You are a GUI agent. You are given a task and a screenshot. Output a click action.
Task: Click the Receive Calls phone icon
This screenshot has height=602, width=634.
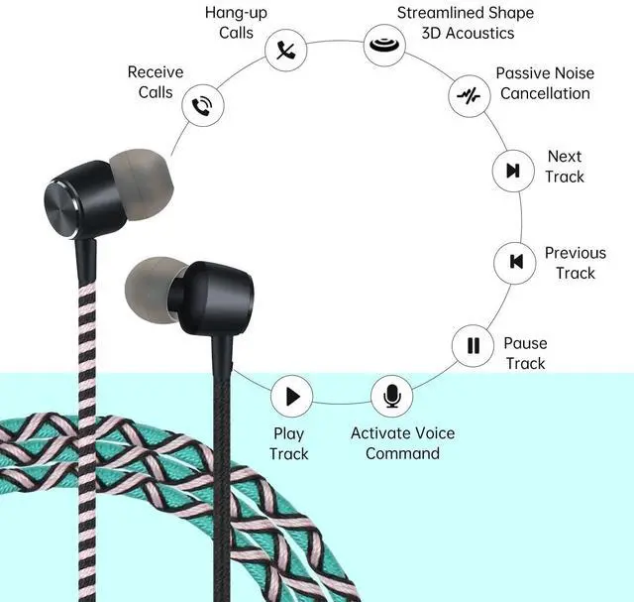coord(202,105)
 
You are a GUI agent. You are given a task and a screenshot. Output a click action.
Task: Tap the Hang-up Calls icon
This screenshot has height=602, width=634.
coord(286,51)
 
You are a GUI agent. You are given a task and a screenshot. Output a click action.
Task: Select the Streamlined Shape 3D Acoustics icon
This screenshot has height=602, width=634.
coord(384,44)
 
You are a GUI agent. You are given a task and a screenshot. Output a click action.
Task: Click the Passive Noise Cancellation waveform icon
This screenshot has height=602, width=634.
coord(469,96)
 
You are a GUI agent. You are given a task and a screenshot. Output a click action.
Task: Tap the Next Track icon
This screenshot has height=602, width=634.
coord(513,171)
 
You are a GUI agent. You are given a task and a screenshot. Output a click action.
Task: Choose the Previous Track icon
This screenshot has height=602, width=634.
coord(515,263)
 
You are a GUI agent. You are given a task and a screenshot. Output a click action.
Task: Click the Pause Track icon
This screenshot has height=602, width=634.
coord(473,346)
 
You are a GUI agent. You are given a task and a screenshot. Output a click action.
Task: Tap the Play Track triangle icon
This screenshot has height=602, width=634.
coord(292,396)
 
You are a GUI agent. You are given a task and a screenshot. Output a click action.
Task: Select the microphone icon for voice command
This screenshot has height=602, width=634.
coord(392,395)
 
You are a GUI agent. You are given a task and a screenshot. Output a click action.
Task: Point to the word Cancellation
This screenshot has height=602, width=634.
coord(545,93)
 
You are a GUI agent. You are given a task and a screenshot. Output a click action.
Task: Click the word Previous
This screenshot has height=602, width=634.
coord(576,253)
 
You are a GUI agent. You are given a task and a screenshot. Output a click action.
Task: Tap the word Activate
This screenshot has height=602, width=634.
coord(377,433)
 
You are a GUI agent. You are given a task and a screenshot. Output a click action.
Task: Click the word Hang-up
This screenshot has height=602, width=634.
coord(236,13)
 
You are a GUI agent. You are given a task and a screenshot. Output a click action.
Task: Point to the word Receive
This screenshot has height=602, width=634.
coord(156,72)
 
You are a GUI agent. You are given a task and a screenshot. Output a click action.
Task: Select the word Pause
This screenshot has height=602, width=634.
coord(525,343)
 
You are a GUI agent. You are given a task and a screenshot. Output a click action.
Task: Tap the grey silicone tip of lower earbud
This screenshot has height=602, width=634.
coord(152,289)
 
